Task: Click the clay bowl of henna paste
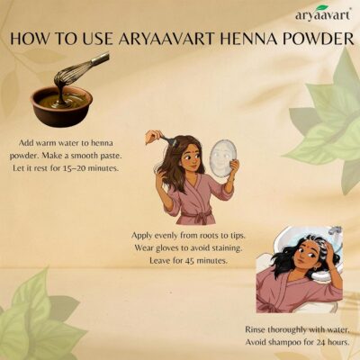pos(61,106)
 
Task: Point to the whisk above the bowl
pos(80,69)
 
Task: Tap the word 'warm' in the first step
pos(45,143)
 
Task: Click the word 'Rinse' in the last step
pos(255,329)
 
